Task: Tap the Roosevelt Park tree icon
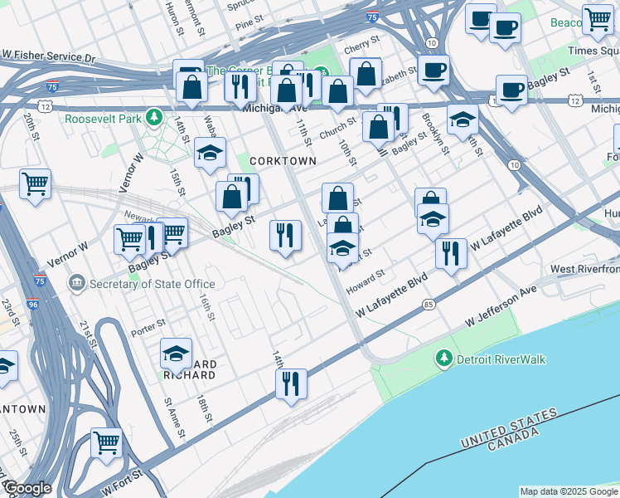pos(153,118)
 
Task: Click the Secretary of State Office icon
pos(77,284)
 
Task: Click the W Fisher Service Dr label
pos(49,59)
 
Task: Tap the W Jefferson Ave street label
pos(501,306)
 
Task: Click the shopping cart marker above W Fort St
pos(106,442)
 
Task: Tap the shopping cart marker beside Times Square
pos(597,19)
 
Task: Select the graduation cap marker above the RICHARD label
pos(176,353)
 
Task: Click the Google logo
pos(27,488)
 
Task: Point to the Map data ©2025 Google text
pos(567,491)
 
